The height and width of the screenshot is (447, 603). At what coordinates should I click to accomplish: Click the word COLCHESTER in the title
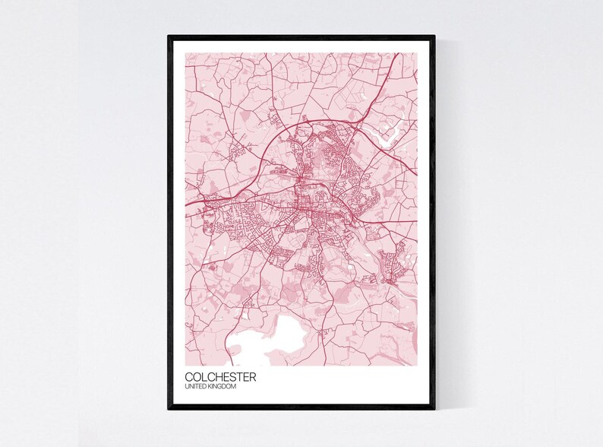point(220,377)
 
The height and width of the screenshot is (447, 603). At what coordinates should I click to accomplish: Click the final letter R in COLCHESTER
point(252,377)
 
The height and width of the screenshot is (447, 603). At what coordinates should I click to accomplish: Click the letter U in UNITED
point(187,388)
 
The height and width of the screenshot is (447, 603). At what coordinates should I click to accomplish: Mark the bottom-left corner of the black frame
point(169,408)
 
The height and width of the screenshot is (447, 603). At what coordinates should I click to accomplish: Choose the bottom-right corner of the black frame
point(434,408)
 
